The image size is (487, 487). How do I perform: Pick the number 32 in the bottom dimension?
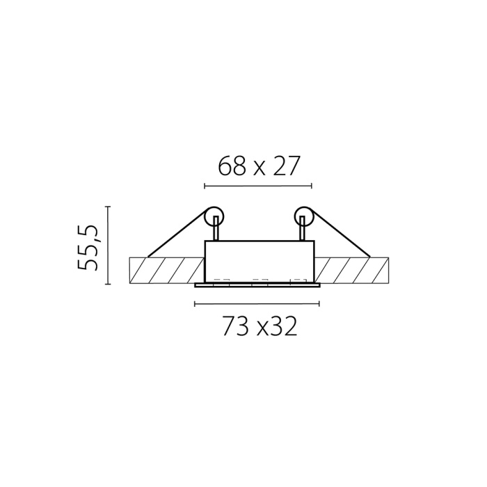[284, 327]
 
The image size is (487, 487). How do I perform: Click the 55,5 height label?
[87, 248]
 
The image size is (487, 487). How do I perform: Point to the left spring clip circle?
[214, 216]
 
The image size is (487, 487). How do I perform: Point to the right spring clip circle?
[305, 216]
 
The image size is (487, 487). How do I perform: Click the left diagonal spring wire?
[177, 234]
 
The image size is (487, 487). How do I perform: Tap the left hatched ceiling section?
[167, 271]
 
